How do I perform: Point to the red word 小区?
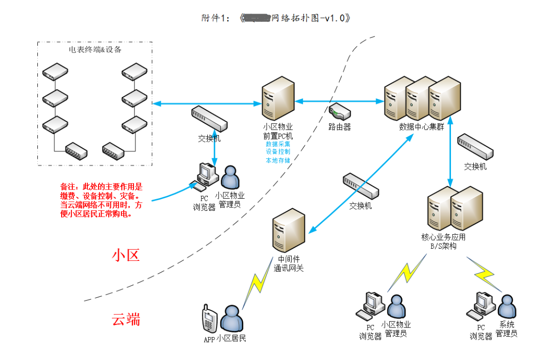tap(126, 255)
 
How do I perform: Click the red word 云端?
tap(126, 319)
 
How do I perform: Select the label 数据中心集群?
tap(421, 127)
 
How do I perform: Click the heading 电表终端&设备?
tap(95, 50)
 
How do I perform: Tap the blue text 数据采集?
tap(278, 144)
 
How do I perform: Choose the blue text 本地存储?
tap(278, 160)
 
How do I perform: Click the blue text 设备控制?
tap(278, 152)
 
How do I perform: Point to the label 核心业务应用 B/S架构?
tap(443, 241)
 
